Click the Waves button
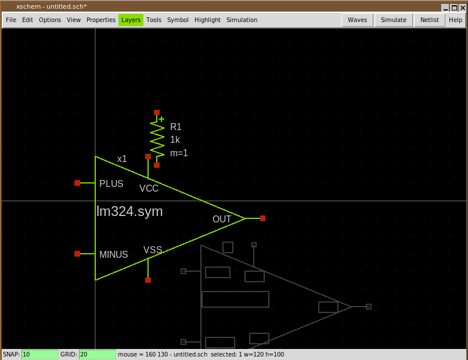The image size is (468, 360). [357, 20]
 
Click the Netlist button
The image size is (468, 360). [429, 20]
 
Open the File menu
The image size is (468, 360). [11, 20]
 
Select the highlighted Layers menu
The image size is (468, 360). [131, 20]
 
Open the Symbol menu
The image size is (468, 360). [178, 20]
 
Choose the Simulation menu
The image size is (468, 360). [242, 20]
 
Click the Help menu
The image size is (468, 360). [455, 20]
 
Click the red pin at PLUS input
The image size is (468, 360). [77, 183]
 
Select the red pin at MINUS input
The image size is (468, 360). [77, 254]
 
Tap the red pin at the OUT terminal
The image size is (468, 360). [263, 218]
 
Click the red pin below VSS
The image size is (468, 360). [148, 280]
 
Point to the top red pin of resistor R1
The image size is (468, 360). [157, 113]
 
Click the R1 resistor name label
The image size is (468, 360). [176, 127]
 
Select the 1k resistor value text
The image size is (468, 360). [175, 140]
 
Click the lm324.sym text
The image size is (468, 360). [129, 212]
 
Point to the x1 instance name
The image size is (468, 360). [122, 159]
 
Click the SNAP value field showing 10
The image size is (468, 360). [39, 354]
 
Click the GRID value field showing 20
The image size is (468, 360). [97, 354]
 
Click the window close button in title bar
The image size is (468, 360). [462, 8]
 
